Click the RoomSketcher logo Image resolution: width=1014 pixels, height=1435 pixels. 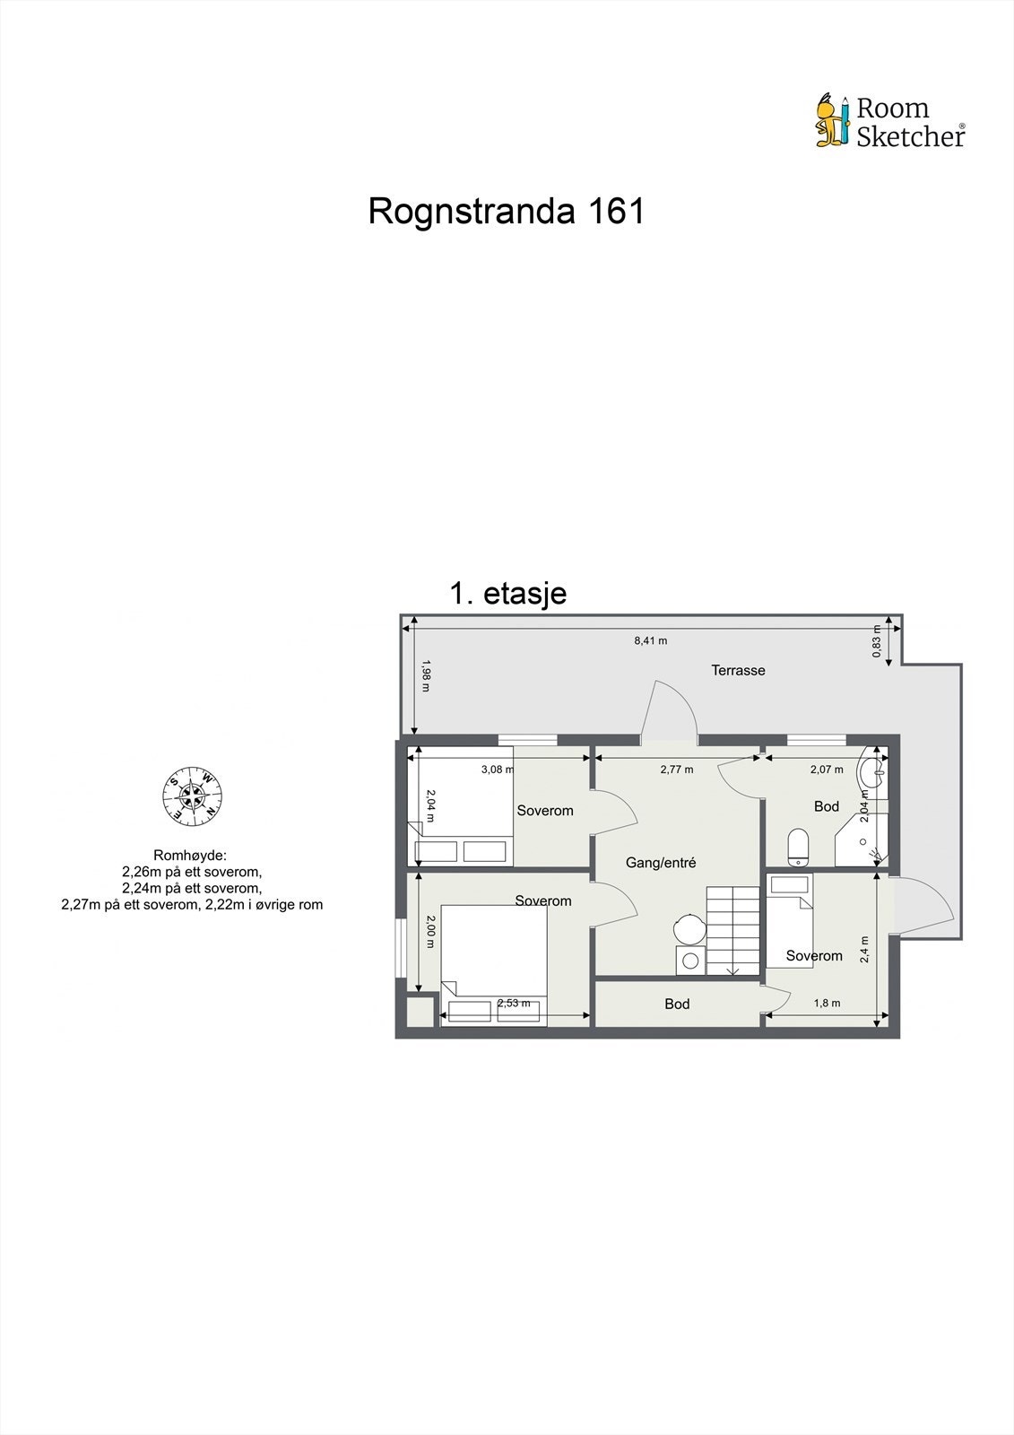click(x=889, y=121)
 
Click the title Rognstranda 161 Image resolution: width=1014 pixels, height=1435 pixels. click(x=507, y=212)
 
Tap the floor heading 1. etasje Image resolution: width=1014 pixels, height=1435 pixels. click(x=508, y=594)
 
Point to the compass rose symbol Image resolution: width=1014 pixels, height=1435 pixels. click(x=192, y=796)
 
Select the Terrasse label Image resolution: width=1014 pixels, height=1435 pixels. click(x=738, y=670)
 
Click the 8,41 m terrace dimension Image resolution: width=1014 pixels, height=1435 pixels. click(x=650, y=640)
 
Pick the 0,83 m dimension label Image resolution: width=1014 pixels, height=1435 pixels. click(x=877, y=641)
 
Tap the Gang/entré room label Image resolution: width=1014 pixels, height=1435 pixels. click(x=661, y=863)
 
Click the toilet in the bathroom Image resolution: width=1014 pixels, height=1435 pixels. click(x=797, y=847)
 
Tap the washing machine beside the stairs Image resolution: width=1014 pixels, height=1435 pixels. click(x=690, y=960)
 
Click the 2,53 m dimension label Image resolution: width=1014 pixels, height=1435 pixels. click(x=514, y=1003)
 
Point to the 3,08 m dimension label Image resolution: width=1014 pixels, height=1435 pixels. click(x=498, y=769)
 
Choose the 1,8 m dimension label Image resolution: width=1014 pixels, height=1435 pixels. click(x=827, y=1003)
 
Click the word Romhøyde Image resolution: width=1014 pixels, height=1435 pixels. click(x=190, y=856)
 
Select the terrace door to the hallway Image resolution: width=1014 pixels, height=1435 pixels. click(x=670, y=714)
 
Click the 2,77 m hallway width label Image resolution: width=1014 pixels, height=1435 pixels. click(x=677, y=769)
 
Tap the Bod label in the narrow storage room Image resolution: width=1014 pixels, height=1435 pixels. click(x=677, y=1004)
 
